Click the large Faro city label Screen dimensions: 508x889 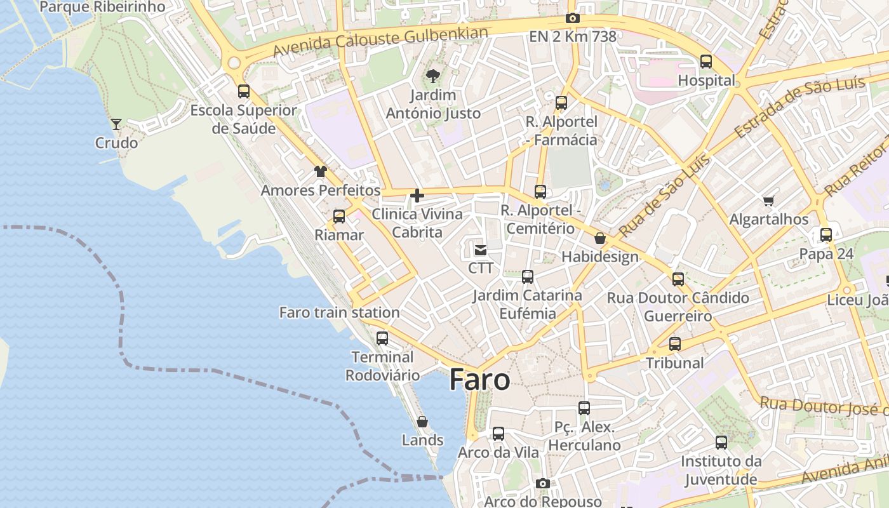[x=479, y=380]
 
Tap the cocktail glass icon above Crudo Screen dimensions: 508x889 [x=116, y=124]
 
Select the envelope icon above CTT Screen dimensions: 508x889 [x=481, y=250]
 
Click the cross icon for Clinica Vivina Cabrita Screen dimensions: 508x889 [x=417, y=196]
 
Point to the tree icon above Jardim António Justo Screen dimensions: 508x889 [x=433, y=77]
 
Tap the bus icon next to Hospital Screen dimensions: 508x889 [x=706, y=62]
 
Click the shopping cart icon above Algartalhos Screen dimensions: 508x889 [x=769, y=201]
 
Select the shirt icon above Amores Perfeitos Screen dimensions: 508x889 [x=321, y=171]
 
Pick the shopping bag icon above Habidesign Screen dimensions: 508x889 [x=600, y=239]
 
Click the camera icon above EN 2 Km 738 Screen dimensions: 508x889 [x=573, y=18]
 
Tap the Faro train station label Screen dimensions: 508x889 [x=339, y=312]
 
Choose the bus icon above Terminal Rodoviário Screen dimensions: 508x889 [x=382, y=338]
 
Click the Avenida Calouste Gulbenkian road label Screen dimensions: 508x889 [x=380, y=41]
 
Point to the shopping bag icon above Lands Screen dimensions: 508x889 [x=422, y=422]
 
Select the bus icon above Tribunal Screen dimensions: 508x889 [x=675, y=344]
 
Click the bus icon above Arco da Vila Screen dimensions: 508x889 [x=498, y=434]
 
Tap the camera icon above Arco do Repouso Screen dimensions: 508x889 [x=542, y=484]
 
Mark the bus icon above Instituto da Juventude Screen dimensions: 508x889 [x=721, y=443]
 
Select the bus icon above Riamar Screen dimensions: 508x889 [x=339, y=217]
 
